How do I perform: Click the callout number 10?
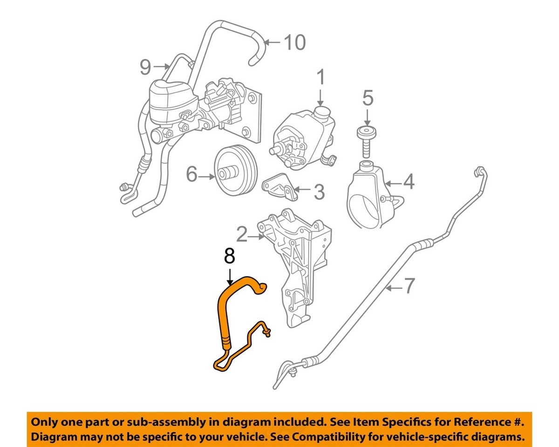coord(294,42)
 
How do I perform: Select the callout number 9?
coord(146,68)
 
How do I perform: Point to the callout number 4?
coord(409,182)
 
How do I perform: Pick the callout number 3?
coord(319,191)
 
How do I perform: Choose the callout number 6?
coord(192,175)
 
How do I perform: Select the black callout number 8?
coord(229,258)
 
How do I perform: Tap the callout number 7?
coord(408,286)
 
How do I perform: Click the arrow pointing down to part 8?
coord(229,275)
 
